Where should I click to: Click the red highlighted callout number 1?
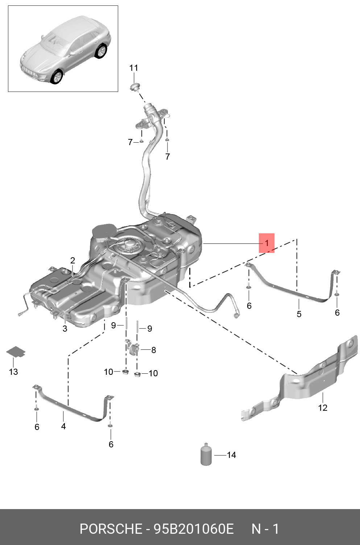pyautogui.click(x=266, y=243)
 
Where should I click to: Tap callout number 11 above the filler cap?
pyautogui.click(x=134, y=68)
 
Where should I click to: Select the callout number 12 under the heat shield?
pyautogui.click(x=322, y=408)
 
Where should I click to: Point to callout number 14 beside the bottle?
pyautogui.click(x=231, y=455)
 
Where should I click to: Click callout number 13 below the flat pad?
pyautogui.click(x=13, y=372)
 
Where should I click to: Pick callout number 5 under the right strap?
pyautogui.click(x=299, y=314)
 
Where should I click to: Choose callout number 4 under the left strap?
pyautogui.click(x=63, y=426)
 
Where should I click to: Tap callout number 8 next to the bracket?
pyautogui.click(x=154, y=350)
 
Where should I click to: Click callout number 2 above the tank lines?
pyautogui.click(x=73, y=261)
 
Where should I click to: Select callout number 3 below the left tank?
pyautogui.click(x=65, y=329)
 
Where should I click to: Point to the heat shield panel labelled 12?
pyautogui.click(x=308, y=381)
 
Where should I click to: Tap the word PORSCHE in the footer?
pyautogui.click(x=111, y=529)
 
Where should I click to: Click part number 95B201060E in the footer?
pyautogui.click(x=194, y=529)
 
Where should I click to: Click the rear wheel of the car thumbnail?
pyautogui.click(x=101, y=51)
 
